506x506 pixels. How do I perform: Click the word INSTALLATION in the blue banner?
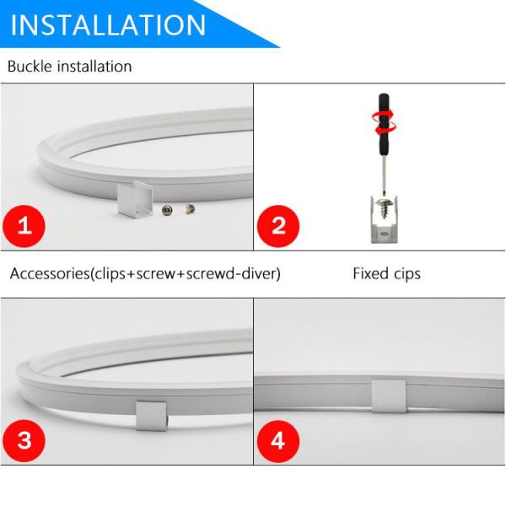pos(108,25)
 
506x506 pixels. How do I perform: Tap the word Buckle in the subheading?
pos(30,66)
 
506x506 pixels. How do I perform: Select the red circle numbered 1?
pos(24,226)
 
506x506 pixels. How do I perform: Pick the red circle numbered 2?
pos(278,226)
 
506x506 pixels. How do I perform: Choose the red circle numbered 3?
pos(24,441)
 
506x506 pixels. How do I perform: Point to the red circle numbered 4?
pos(278,441)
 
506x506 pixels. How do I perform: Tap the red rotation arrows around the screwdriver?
pos(384,121)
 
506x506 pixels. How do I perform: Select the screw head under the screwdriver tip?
pos(384,203)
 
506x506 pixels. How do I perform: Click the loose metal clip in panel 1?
pos(135,199)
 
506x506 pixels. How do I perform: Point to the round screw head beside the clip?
pos(167,210)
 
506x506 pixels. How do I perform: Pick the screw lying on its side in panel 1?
pos(190,208)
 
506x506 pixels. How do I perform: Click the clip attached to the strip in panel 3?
pos(151,416)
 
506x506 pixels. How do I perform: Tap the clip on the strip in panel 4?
pos(389,396)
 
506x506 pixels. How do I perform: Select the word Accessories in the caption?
pos(50,273)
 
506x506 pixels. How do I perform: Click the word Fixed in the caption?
pos(370,273)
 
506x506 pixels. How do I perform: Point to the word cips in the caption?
pos(407,275)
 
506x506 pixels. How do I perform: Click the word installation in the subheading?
pos(94,66)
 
